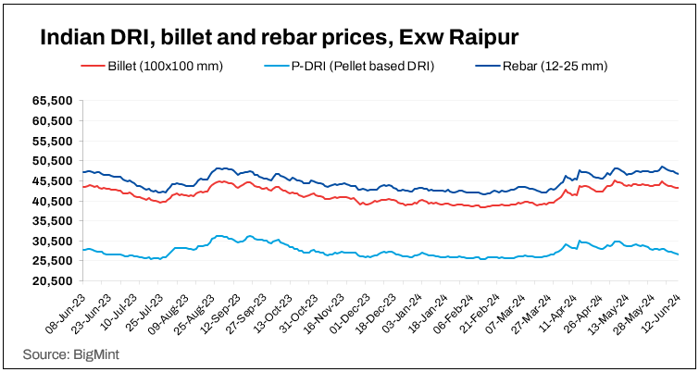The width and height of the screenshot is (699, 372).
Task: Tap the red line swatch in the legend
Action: tap(93, 66)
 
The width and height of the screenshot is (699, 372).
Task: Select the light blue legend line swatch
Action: tap(274, 66)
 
